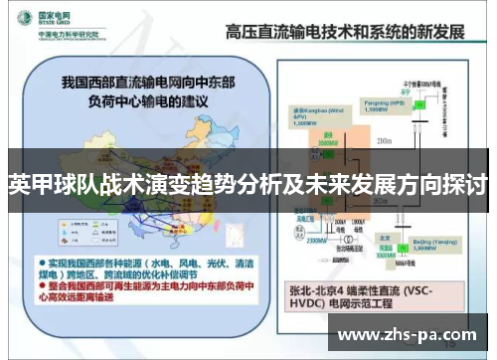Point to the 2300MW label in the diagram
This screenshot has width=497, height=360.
(x=317, y=239)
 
